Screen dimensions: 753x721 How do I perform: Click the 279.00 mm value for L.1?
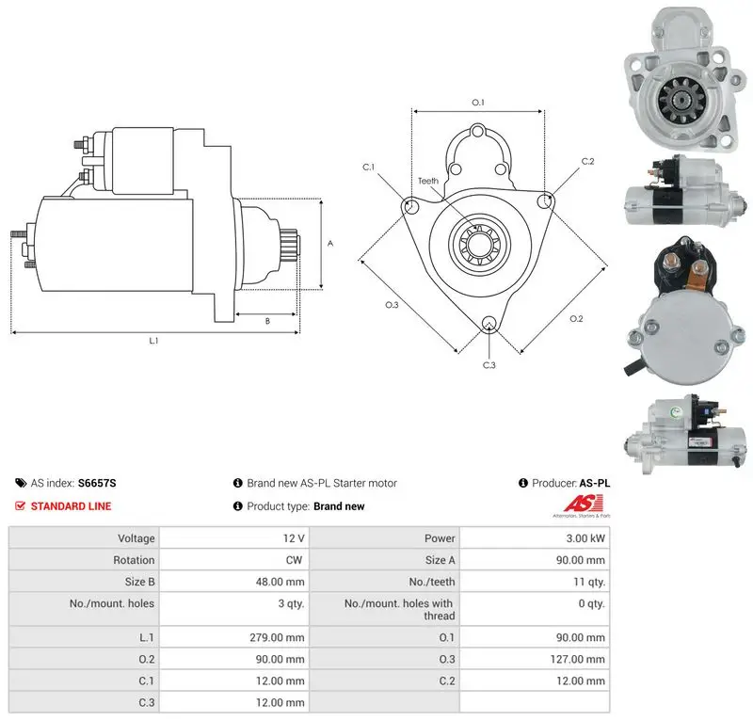pyautogui.click(x=277, y=637)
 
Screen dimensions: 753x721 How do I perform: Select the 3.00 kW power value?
pyautogui.click(x=585, y=538)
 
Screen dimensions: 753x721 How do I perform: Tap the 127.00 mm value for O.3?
pyautogui.click(x=577, y=659)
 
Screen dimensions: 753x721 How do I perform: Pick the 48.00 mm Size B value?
pyautogui.click(x=280, y=582)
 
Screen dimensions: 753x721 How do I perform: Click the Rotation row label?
pyautogui.click(x=134, y=560)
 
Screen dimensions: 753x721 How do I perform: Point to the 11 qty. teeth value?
pyautogui.click(x=589, y=582)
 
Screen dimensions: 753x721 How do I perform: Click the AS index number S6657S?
pyautogui.click(x=97, y=483)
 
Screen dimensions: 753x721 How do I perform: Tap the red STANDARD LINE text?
pyautogui.click(x=72, y=506)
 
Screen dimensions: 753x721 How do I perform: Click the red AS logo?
pyautogui.click(x=583, y=504)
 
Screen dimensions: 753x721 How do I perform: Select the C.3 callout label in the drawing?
pyautogui.click(x=489, y=365)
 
